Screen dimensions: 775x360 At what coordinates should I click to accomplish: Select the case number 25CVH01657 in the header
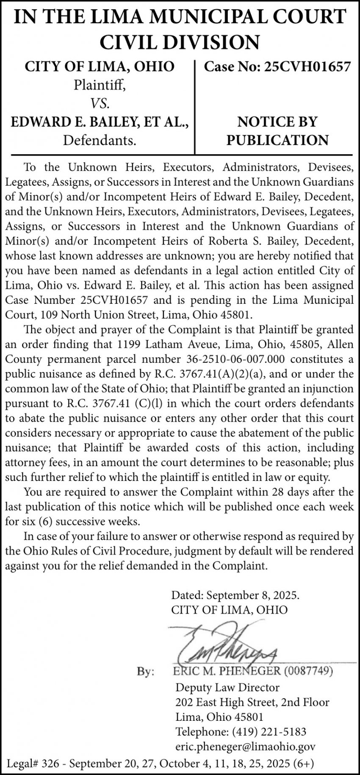pos(307,67)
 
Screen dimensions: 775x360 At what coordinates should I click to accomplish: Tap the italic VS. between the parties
pos(100,103)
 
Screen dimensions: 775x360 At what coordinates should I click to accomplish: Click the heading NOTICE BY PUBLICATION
pos(277,131)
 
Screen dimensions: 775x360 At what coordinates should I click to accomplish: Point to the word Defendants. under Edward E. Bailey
pos(100,140)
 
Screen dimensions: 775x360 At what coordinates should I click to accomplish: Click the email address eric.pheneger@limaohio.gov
pos(245,747)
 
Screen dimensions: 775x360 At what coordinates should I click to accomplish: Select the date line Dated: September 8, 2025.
pos(235,595)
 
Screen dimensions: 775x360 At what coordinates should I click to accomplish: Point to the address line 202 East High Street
pos(228,702)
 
